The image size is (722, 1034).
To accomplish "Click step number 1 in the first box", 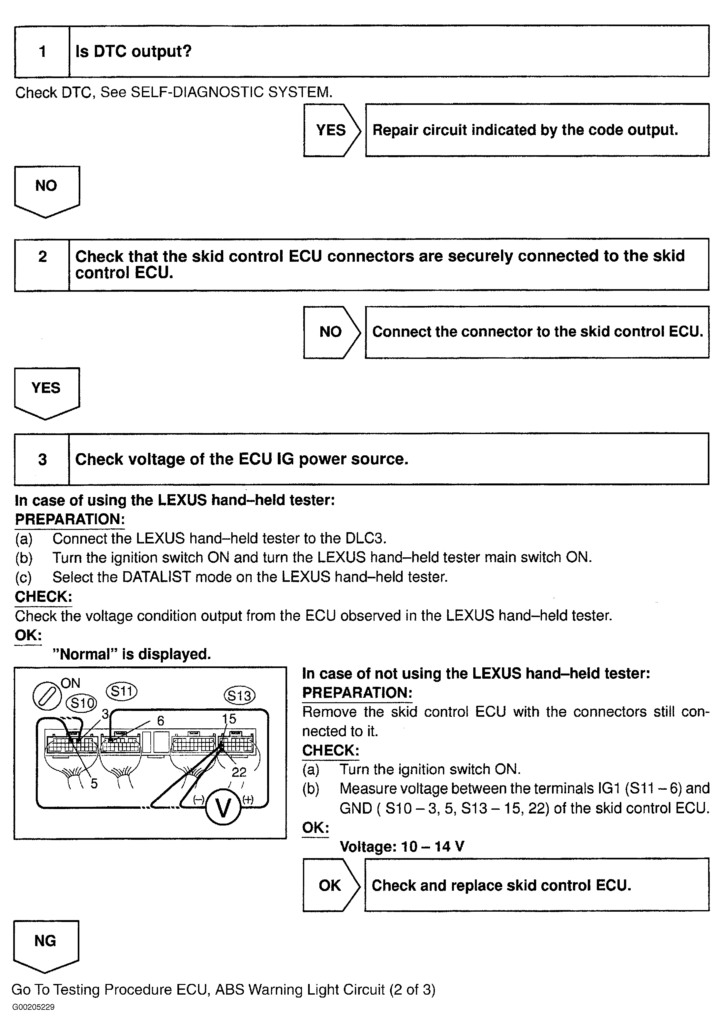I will (42, 51).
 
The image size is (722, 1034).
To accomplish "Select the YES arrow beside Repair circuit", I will (331, 130).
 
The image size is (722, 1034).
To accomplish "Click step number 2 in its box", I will (42, 257).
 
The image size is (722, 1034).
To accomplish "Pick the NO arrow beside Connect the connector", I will (331, 332).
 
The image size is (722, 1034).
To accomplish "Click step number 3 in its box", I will (42, 459).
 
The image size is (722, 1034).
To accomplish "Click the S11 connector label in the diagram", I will (122, 691).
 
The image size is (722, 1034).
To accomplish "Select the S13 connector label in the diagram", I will (239, 696).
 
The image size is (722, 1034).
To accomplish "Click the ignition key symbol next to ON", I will (47, 697).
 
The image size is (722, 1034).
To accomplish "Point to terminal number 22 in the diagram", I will (239, 772).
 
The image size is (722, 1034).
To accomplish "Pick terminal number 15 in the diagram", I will (229, 719).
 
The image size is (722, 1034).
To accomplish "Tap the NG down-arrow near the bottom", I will (45, 944).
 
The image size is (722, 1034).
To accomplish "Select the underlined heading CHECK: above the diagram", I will (43, 597).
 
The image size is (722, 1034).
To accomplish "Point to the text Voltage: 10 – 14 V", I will (402, 846).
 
